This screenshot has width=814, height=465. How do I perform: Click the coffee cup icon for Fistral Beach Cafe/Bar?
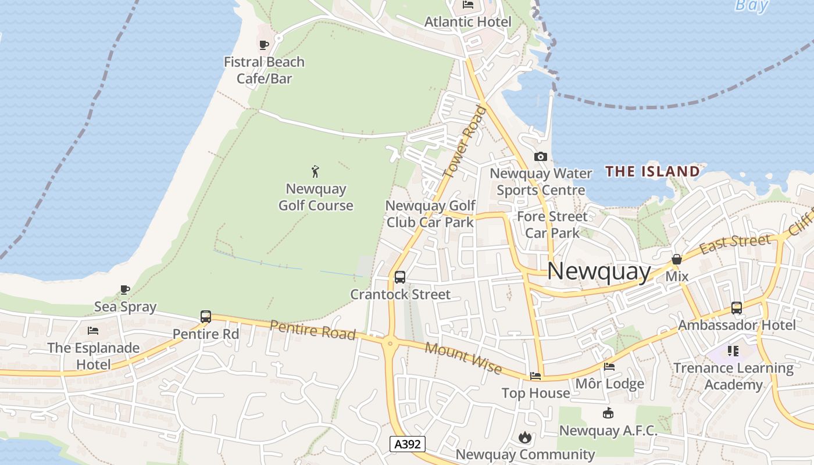tap(263, 45)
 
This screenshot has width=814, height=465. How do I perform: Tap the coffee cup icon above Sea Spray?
tap(124, 289)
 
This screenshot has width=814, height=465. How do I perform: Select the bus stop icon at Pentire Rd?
tap(206, 317)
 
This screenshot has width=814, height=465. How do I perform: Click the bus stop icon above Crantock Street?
tap(400, 277)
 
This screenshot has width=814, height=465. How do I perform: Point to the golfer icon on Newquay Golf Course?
tap(315, 171)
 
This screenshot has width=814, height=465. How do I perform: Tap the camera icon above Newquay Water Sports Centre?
tap(541, 156)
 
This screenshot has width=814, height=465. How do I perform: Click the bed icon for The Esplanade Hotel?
tap(93, 331)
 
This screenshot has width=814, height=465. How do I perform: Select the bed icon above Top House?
tap(535, 375)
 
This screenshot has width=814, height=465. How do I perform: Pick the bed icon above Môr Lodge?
tap(609, 366)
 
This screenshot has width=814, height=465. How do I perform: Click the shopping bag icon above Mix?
tap(677, 259)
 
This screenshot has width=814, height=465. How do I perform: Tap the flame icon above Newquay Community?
tap(525, 437)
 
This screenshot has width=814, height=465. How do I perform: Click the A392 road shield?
tap(408, 445)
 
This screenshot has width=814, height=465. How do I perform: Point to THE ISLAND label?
tap(652, 171)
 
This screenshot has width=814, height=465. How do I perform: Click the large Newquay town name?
tap(599, 271)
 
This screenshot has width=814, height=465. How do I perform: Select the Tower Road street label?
tap(464, 141)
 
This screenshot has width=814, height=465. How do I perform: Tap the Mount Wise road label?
tap(463, 357)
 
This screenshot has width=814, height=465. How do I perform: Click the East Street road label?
tap(736, 243)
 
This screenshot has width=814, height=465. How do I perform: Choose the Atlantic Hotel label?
tap(468, 22)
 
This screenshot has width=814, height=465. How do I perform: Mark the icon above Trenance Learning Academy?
tap(733, 351)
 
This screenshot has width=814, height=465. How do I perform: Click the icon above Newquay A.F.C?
tap(608, 413)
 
